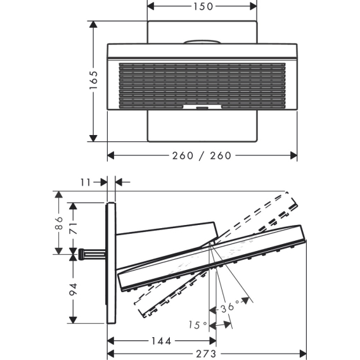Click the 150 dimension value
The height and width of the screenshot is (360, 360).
pyautogui.click(x=203, y=6)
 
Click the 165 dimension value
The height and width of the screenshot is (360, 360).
pyautogui.click(x=93, y=80)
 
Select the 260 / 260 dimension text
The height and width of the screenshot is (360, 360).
pyautogui.click(x=202, y=156)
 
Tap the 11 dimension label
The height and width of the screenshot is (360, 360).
pyautogui.click(x=86, y=183)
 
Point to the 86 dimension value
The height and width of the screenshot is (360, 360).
pyautogui.click(x=59, y=222)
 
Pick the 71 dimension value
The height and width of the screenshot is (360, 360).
pyautogui.click(x=74, y=228)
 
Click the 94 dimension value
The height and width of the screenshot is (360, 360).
pyautogui.click(x=74, y=289)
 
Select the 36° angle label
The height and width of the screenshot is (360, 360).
pyautogui.click(x=230, y=307)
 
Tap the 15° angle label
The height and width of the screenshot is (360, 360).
pyautogui.click(x=198, y=325)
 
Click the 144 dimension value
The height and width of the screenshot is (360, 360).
pyautogui.click(x=161, y=341)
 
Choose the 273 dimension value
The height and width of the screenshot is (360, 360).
pyautogui.click(x=206, y=354)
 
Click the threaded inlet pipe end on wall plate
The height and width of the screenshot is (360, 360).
pyautogui.click(x=81, y=254)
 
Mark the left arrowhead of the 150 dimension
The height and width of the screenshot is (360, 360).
pyautogui.click(x=151, y=6)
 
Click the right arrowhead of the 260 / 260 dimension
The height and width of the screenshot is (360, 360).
pyautogui.click(x=293, y=155)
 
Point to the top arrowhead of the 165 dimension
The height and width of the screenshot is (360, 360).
pyautogui.click(x=93, y=24)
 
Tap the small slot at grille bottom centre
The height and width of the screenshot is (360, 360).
pyautogui.click(x=202, y=108)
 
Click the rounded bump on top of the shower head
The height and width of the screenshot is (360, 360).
pyautogui.click(x=202, y=42)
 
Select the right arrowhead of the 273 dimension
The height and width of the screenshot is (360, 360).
pyautogui.click(x=303, y=353)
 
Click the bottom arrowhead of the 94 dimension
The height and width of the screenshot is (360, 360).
pyautogui.click(x=73, y=320)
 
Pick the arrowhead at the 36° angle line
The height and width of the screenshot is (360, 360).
pyautogui.click(x=246, y=300)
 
